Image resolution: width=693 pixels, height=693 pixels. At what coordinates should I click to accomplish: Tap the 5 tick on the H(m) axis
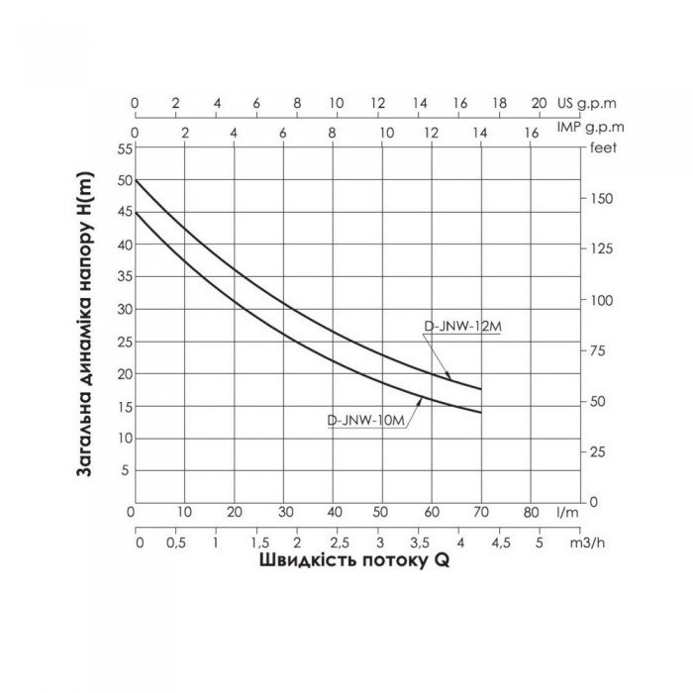125,470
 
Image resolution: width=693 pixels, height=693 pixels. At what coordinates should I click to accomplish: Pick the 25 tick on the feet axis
597,451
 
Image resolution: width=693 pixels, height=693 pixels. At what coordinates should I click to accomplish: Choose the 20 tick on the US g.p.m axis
540,103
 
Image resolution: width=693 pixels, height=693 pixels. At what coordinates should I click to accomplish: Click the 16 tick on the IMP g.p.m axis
531,132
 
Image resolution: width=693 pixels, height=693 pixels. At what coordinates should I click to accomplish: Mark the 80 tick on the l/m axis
531,513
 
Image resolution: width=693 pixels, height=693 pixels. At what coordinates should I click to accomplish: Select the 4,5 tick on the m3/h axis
500,544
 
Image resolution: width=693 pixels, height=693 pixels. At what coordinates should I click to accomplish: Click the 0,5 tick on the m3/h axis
175,544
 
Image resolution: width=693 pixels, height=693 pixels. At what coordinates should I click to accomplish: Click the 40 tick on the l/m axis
334,513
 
